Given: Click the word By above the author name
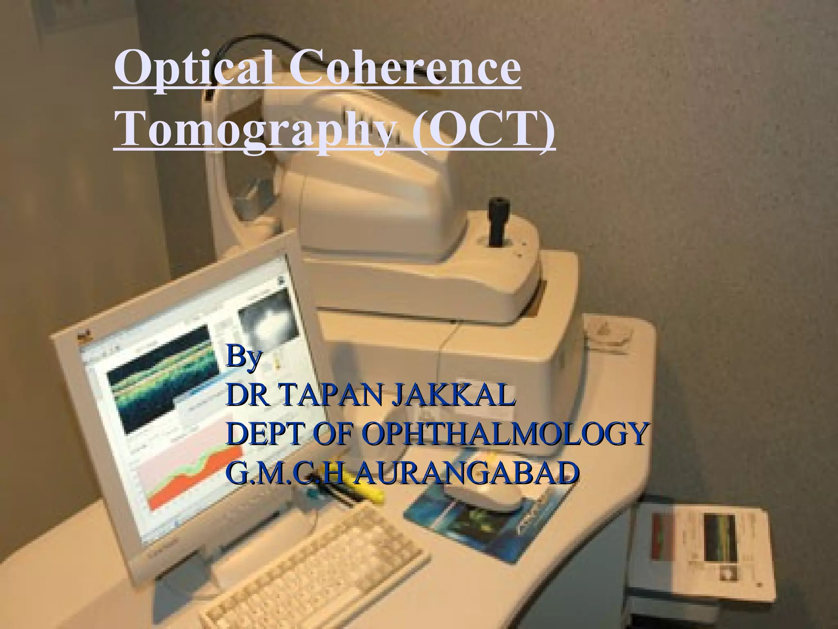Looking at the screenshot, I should click(x=244, y=357).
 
